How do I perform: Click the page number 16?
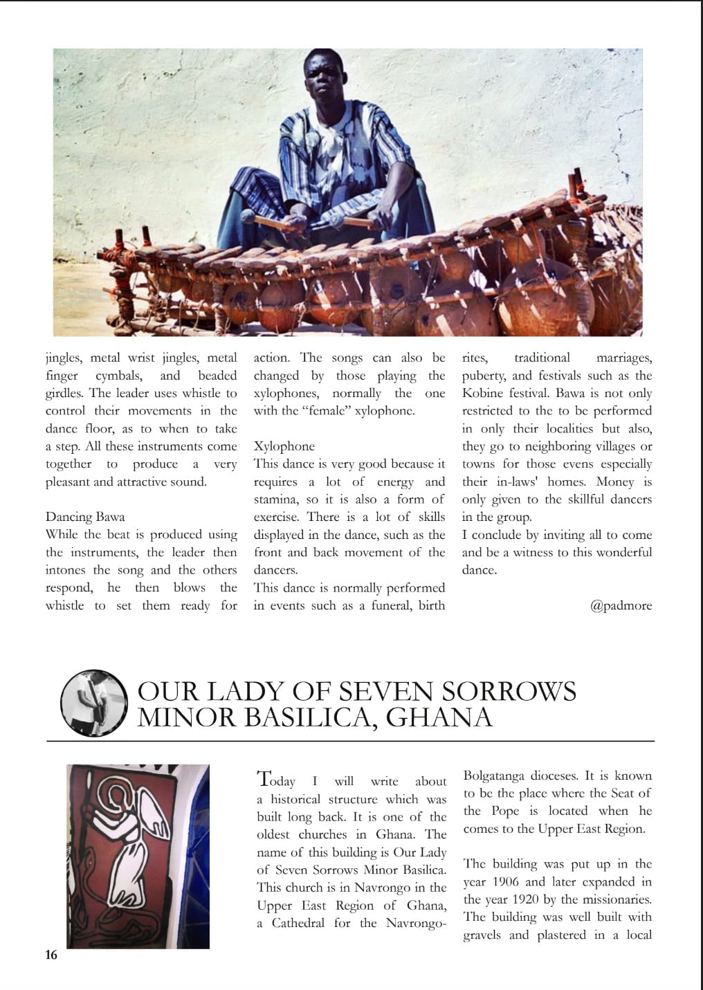pyautogui.click(x=51, y=955)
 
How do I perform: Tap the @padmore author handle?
pyautogui.click(x=621, y=605)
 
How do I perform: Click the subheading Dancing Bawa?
pyautogui.click(x=85, y=517)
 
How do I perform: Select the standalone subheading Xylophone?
pyautogui.click(x=284, y=446)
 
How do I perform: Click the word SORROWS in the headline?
pyautogui.click(x=508, y=691)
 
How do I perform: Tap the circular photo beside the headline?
pyautogui.click(x=93, y=702)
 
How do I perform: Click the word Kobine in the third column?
pyautogui.click(x=484, y=394)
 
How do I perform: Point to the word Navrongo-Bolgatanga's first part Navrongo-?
pyautogui.click(x=416, y=924)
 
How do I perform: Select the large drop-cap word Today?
pyautogui.click(x=276, y=780)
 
